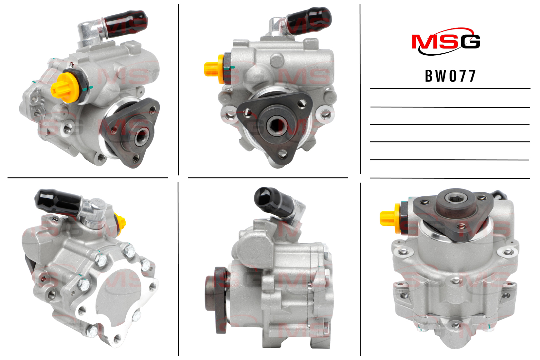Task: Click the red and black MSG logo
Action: [x=446, y=42]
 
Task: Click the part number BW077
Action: [x=450, y=76]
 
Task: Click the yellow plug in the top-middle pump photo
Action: [x=214, y=69]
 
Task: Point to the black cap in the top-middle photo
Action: [x=309, y=21]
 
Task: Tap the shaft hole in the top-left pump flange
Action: [x=142, y=136]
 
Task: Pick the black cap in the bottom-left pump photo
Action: [x=58, y=202]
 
